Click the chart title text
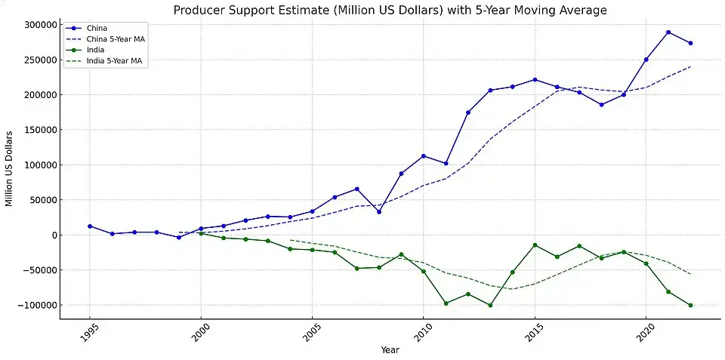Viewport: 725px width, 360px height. click(x=390, y=10)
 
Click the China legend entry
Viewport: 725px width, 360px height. click(x=97, y=28)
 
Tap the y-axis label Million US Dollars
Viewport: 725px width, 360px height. click(x=10, y=168)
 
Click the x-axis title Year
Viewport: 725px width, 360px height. click(x=390, y=349)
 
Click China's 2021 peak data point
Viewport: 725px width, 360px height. click(x=668, y=32)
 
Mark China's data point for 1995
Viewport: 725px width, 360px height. click(x=90, y=226)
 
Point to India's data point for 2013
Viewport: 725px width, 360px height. click(x=490, y=306)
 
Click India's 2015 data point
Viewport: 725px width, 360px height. click(x=535, y=245)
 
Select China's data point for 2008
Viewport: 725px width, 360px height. click(x=379, y=211)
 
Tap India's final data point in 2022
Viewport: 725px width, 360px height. click(x=690, y=306)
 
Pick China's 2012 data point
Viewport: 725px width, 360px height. click(x=468, y=112)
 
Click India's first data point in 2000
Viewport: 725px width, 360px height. click(x=201, y=234)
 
